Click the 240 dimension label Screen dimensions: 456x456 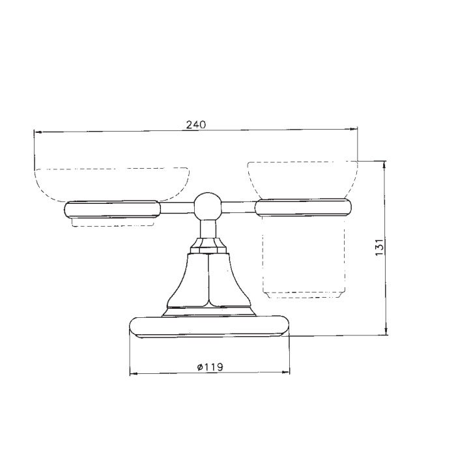[x=195, y=125]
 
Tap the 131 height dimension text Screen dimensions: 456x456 [x=380, y=247]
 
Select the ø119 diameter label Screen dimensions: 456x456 [x=210, y=367]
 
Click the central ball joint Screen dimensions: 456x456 [x=207, y=207]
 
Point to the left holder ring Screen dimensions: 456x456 [x=112, y=209]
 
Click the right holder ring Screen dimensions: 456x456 [x=303, y=207]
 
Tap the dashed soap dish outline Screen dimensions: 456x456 [x=112, y=184]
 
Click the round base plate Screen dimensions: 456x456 [x=209, y=327]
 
